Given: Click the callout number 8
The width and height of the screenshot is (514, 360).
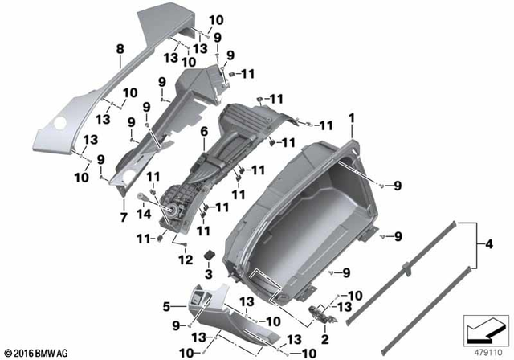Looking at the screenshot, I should pyautogui.click(x=120, y=49).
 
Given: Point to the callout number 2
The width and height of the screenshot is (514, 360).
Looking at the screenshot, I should pyautogui.click(x=325, y=338).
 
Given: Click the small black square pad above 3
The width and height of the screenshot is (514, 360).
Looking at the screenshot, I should pyautogui.click(x=207, y=254).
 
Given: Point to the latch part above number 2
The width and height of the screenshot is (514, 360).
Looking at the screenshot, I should pyautogui.click(x=321, y=313).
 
